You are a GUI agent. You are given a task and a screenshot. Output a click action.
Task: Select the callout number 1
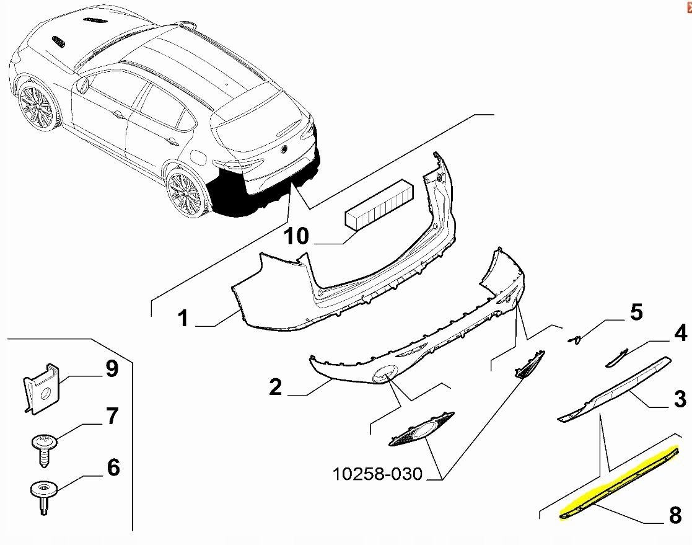184,318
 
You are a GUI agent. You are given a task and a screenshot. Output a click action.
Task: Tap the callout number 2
275,387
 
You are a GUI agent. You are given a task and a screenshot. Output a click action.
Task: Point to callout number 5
636,312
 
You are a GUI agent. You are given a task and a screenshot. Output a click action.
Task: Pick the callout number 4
680,332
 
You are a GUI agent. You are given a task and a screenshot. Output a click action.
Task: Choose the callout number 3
680,398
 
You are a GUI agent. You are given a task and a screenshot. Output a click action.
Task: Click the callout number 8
675,515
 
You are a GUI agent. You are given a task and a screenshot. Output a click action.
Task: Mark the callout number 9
112,368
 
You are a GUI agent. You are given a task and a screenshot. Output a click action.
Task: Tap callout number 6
113,467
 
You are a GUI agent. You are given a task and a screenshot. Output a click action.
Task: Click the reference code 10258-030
377,474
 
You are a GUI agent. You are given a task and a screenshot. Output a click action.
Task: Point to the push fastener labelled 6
44,497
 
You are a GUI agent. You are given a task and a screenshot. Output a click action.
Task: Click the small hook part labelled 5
575,340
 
